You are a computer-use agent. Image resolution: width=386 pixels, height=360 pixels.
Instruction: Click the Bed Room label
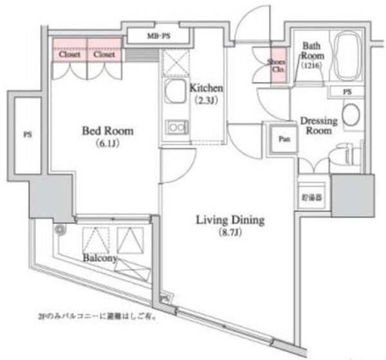[107, 131]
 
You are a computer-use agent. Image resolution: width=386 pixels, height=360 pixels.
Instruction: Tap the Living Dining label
[230, 220]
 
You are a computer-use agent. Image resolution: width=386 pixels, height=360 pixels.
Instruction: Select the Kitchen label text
[207, 88]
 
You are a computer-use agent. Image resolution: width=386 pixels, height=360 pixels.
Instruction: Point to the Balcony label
[99, 258]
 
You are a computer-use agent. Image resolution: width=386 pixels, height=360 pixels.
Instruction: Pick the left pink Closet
[69, 55]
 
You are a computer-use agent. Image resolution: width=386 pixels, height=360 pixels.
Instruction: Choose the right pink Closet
[104, 55]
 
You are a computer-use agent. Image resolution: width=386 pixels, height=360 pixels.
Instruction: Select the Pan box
[283, 139]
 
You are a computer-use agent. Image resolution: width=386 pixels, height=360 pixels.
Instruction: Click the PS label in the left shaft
[27, 135]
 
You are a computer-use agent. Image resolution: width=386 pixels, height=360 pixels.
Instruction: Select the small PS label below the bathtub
[347, 92]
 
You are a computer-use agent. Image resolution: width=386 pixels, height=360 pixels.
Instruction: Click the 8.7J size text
[230, 232]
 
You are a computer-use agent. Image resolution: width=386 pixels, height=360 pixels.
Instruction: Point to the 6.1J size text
[107, 143]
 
